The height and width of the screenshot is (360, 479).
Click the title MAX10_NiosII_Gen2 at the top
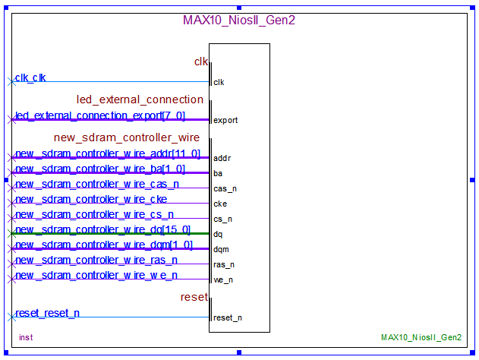[x=238, y=21]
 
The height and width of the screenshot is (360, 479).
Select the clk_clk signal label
[x=30, y=77]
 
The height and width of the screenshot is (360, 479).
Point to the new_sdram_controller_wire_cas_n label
[x=97, y=184]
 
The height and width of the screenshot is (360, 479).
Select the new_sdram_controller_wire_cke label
[x=91, y=199]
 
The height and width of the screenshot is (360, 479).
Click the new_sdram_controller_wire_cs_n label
[x=94, y=214]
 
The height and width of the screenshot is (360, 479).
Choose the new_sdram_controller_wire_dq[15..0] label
[x=103, y=229]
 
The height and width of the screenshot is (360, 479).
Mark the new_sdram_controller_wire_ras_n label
[x=96, y=260]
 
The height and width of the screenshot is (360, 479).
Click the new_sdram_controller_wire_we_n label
[x=96, y=275]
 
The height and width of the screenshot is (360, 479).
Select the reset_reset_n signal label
[x=48, y=313]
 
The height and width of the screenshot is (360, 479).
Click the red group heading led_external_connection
[x=140, y=99]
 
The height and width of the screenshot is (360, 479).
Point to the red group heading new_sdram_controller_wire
[x=127, y=137]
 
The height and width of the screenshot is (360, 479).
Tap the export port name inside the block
[x=225, y=120]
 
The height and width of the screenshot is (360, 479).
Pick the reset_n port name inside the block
[x=228, y=317]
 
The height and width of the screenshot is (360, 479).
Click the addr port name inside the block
[x=222, y=158]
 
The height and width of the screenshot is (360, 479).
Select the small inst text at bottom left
[x=26, y=336]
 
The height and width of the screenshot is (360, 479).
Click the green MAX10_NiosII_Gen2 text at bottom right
[x=421, y=336]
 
